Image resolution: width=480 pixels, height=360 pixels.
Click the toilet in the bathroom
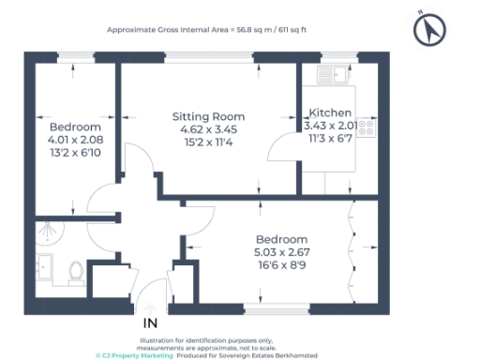78,271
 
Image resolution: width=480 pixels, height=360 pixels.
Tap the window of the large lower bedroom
272,308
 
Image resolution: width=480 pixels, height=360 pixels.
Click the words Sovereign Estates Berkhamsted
281,355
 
